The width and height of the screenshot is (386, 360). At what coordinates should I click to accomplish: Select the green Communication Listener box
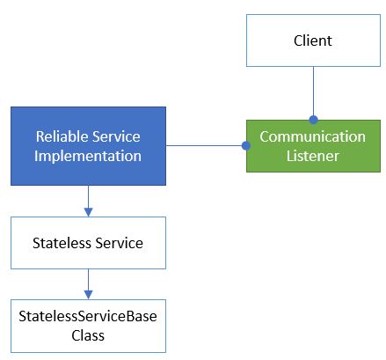[x=312, y=146]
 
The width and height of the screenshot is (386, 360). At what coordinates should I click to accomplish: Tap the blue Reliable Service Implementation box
[x=88, y=146]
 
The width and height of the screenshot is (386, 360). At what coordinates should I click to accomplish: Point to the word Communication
[x=312, y=136]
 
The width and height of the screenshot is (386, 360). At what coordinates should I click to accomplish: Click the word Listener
[x=312, y=156]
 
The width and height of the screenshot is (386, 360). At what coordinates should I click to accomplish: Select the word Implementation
[x=88, y=156]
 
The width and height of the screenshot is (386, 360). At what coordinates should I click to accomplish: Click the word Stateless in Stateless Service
[x=61, y=243]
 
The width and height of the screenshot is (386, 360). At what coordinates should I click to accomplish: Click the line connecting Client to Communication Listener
[x=313, y=92]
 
